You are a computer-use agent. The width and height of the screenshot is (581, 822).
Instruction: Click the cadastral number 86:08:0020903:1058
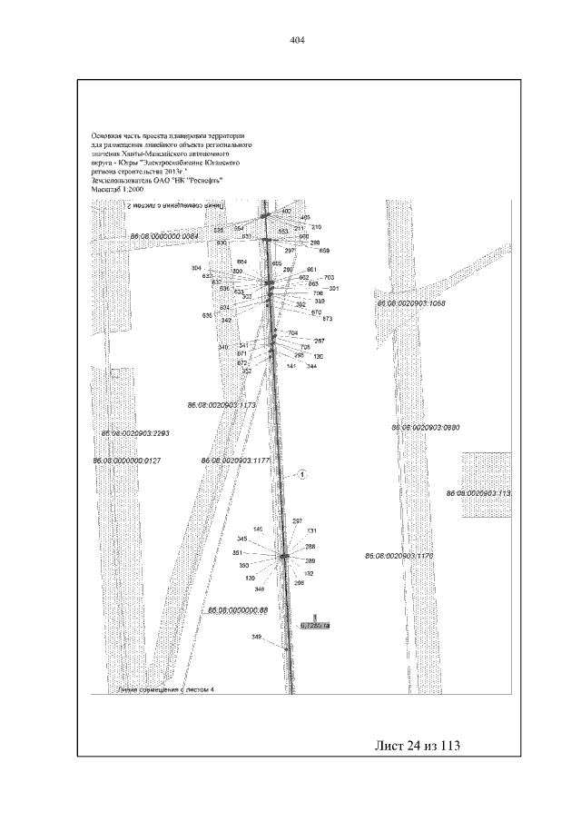411,302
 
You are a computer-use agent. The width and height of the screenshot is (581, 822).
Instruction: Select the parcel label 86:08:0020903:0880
426,426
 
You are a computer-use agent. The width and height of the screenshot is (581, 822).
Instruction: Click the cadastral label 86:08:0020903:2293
135,433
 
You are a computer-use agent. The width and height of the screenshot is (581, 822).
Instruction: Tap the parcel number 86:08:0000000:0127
127,461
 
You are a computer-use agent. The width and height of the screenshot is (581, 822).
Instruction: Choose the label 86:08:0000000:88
239,609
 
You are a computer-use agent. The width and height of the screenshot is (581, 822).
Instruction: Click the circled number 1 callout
303,474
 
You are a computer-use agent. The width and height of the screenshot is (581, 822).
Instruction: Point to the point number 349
257,637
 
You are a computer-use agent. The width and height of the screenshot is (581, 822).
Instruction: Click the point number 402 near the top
287,211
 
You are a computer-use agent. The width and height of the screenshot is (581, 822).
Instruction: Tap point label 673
328,319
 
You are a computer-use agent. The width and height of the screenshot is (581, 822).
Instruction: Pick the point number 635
207,314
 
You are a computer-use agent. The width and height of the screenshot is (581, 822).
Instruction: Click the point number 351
238,552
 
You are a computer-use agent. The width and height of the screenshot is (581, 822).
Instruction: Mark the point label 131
312,530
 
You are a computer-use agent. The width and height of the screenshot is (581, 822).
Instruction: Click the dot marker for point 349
285,648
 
